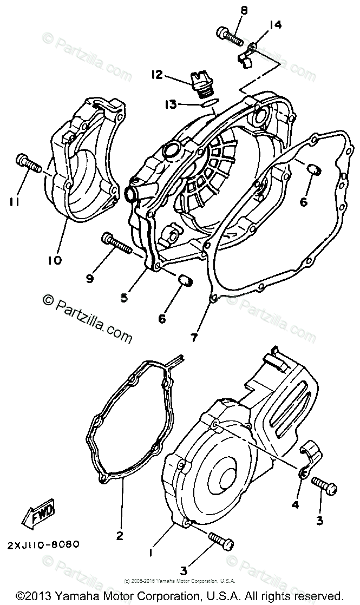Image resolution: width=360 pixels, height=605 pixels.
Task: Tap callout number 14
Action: [x=275, y=24]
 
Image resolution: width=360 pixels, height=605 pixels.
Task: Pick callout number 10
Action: [x=54, y=260]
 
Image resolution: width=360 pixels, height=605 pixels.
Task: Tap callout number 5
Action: [x=124, y=297]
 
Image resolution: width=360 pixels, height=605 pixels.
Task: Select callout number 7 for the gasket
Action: [x=194, y=338]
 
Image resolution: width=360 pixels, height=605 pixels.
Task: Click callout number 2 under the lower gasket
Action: [x=119, y=535]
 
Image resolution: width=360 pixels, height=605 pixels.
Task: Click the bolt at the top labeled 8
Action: [x=230, y=36]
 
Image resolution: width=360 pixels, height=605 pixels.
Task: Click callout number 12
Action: [x=157, y=75]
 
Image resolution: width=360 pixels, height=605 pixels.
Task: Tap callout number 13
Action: [x=171, y=103]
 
